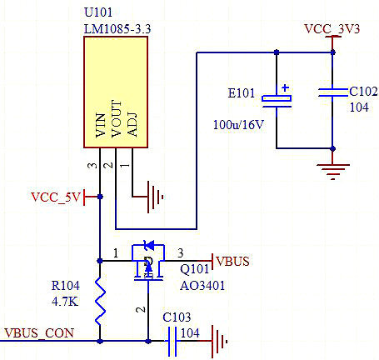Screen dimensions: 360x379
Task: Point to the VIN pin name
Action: click(101, 126)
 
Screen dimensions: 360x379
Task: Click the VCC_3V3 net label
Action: click(332, 28)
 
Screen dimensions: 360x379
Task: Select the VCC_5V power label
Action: click(55, 197)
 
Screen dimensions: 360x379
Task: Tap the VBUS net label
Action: click(233, 262)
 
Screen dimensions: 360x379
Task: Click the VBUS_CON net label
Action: click(38, 332)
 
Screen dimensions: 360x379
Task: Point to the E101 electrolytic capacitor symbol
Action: click(277, 98)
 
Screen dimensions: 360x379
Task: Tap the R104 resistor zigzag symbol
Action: click(100, 302)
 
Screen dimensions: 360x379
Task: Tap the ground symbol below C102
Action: click(332, 171)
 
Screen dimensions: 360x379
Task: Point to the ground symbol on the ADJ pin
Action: click(154, 197)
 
